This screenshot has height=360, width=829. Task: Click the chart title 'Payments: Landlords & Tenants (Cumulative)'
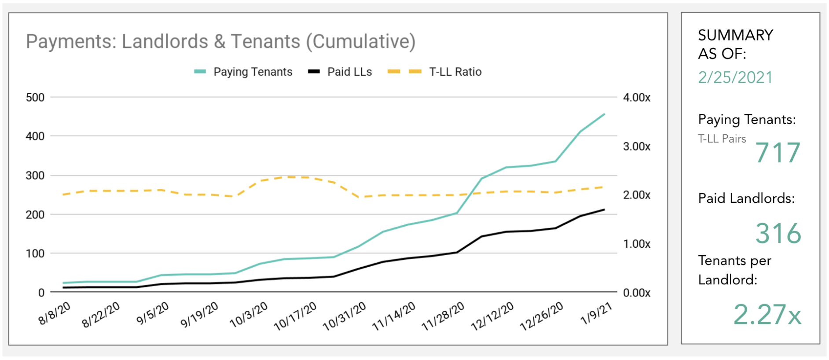220,42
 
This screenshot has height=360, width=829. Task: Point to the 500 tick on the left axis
35,97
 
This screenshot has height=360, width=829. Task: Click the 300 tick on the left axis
35,176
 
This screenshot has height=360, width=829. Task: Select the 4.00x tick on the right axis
636,97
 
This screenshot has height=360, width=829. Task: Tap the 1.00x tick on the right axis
636,244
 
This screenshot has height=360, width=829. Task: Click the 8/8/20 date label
55,313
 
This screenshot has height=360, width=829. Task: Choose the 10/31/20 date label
345,316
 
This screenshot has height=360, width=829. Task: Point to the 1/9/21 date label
596,313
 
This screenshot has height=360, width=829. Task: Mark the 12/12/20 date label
492,316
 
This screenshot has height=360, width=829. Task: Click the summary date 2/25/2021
735,77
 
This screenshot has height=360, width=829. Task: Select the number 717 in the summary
778,153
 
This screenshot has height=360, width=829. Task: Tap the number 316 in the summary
778,233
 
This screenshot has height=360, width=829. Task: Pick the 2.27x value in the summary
767,314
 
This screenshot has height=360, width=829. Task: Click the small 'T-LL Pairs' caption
722,139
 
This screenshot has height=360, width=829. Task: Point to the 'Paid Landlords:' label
746,198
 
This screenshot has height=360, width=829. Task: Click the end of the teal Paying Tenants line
604,114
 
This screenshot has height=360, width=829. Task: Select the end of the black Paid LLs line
604,209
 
